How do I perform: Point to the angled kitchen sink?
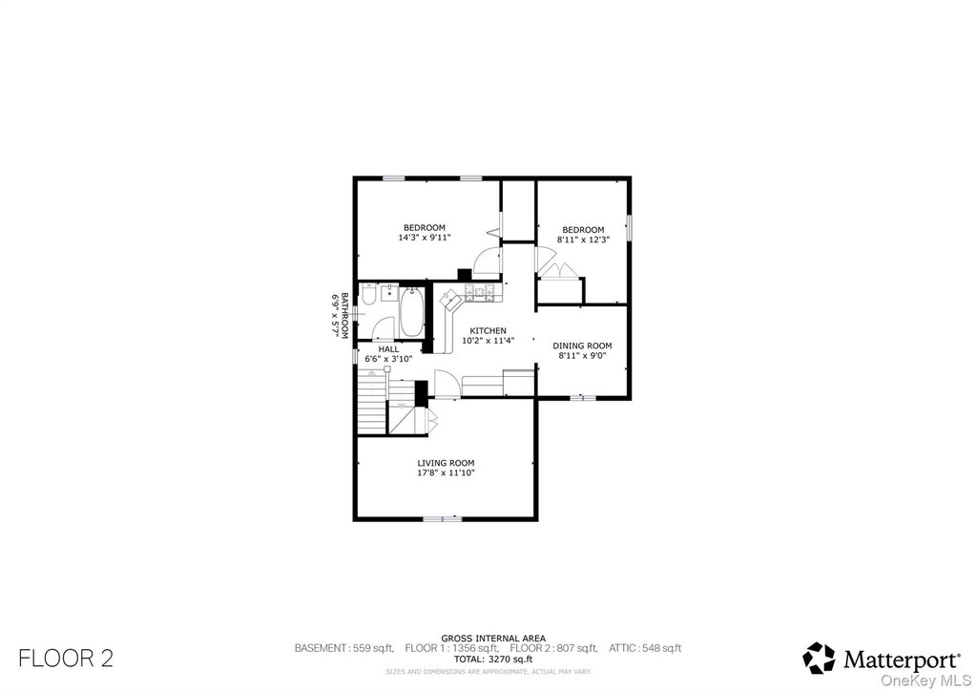point(450,303)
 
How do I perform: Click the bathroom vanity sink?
point(390,293)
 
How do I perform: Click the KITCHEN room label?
point(488,331)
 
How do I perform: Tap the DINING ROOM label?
point(582,345)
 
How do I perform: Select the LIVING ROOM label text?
point(446,463)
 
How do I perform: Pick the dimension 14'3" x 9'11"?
point(425,238)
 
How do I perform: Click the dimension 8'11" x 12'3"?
point(583,240)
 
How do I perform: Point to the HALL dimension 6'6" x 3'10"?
point(388,359)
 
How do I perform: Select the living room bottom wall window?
point(443,518)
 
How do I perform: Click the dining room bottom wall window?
point(583,397)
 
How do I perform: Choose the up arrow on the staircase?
point(373,374)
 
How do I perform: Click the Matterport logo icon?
point(818,659)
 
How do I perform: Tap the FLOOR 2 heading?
point(66,659)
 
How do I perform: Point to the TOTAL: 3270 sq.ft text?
point(493,659)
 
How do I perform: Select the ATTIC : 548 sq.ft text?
point(645,649)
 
